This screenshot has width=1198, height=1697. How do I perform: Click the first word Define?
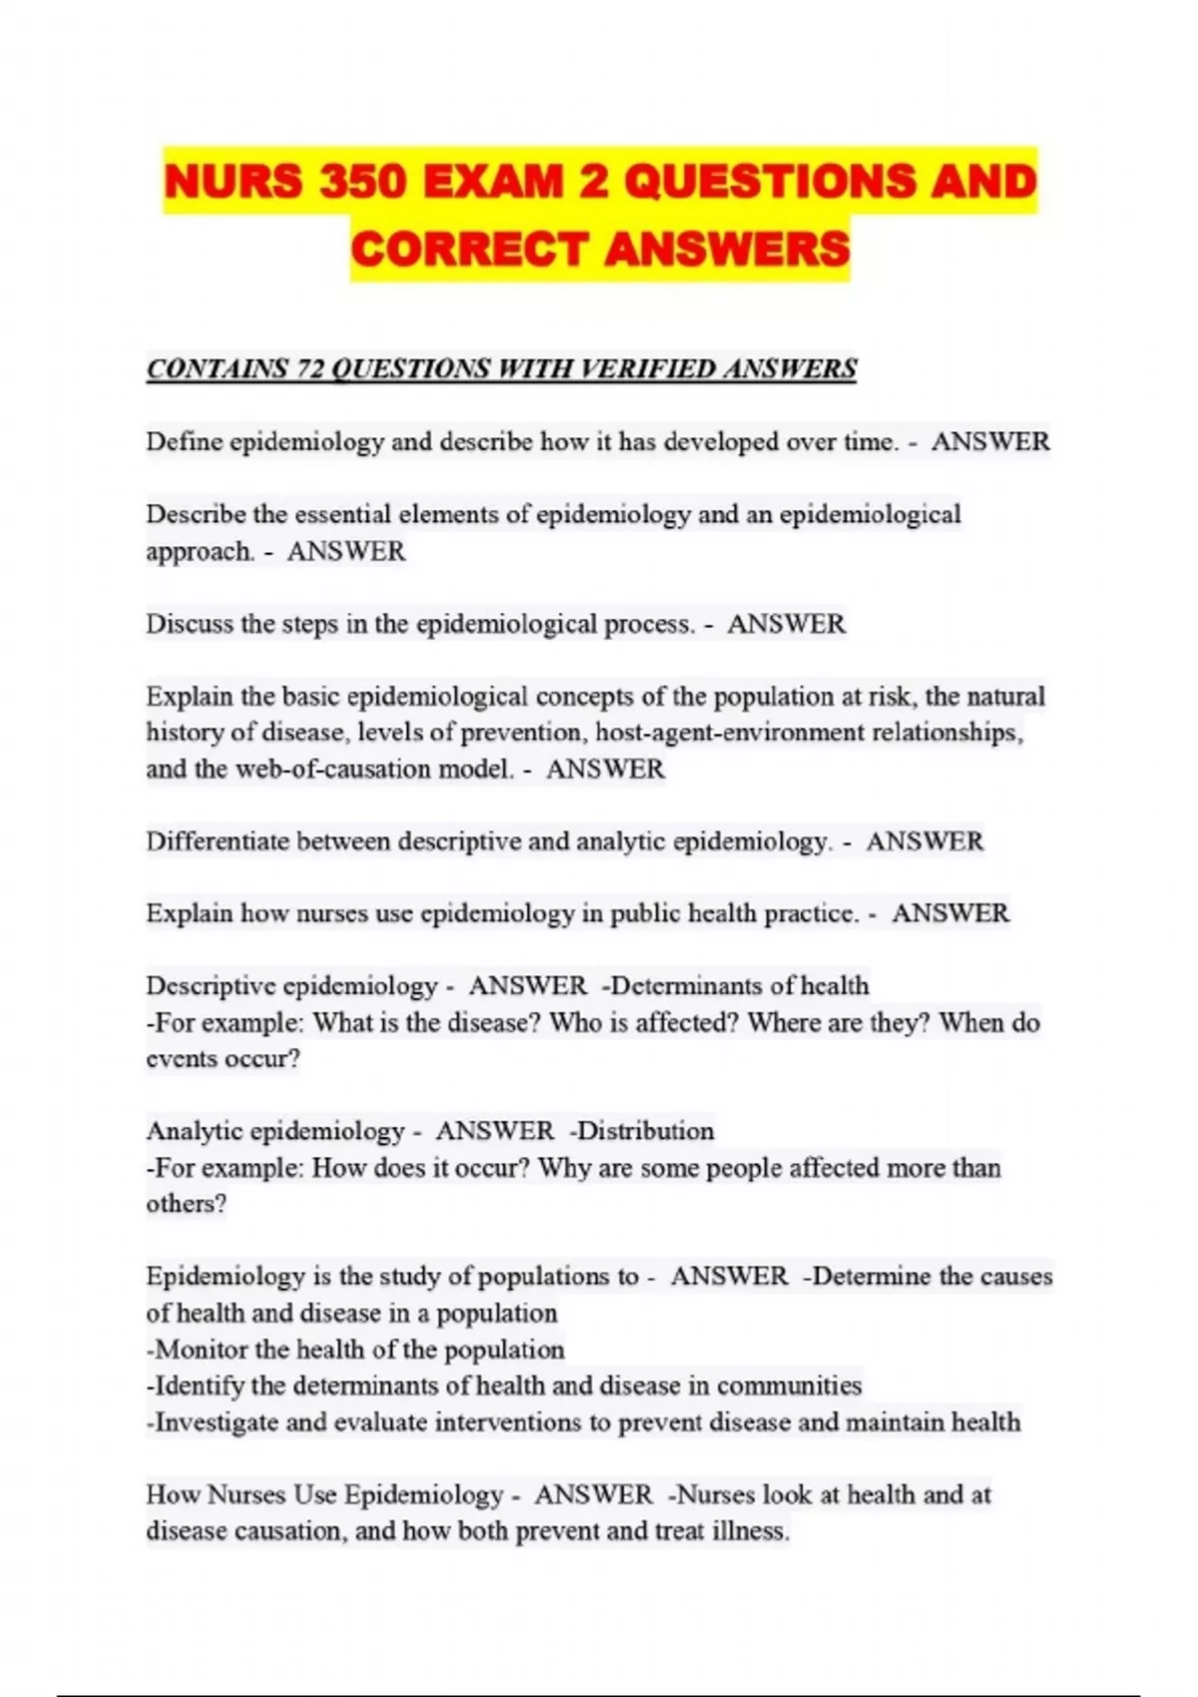(185, 441)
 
